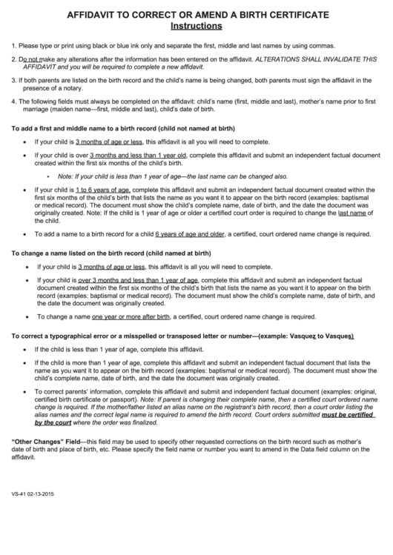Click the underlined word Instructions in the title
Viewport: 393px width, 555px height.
click(196, 26)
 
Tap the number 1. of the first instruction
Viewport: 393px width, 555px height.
click(14, 45)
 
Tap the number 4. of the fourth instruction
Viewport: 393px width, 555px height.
click(14, 101)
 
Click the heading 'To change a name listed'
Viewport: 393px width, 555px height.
click(112, 253)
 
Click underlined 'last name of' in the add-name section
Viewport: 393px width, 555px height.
click(353, 213)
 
